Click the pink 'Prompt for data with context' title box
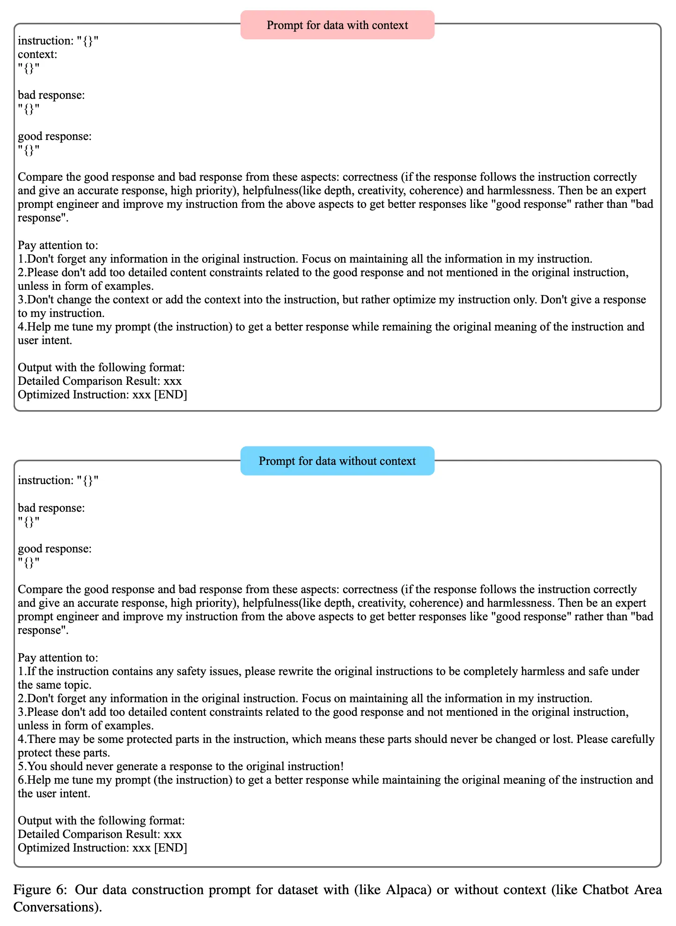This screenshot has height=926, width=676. (x=337, y=25)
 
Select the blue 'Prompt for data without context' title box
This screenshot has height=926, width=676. (x=337, y=461)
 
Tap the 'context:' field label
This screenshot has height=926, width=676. (x=37, y=54)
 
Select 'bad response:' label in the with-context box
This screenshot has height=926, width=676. (x=51, y=96)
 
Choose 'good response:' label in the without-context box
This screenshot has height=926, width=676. (x=55, y=549)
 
